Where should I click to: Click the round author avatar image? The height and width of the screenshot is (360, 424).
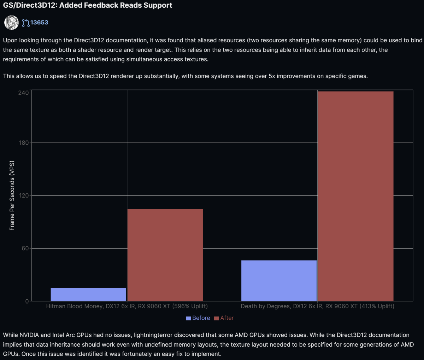click(x=12, y=23)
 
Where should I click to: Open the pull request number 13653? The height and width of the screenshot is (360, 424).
click(x=39, y=22)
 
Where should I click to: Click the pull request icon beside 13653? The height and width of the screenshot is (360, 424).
click(x=26, y=23)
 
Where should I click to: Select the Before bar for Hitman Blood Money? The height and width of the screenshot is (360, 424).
click(x=88, y=294)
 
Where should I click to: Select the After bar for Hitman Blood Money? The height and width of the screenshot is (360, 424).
click(x=165, y=255)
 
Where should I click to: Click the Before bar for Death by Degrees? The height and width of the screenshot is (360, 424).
click(x=279, y=281)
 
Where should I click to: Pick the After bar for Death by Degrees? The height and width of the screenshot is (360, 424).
click(x=356, y=196)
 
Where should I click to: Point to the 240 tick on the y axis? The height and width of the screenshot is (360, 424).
click(x=23, y=93)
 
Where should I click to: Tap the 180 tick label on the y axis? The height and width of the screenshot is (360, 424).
click(x=24, y=143)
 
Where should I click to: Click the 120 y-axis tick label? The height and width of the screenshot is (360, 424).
click(x=24, y=196)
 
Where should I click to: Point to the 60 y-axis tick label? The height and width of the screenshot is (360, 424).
click(x=25, y=248)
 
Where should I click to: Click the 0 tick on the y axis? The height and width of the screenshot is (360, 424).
click(x=27, y=301)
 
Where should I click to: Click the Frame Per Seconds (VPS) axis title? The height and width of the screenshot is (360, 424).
click(x=12, y=196)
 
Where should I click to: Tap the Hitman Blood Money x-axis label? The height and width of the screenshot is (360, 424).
click(x=127, y=306)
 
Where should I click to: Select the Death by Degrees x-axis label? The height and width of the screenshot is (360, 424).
click(x=318, y=306)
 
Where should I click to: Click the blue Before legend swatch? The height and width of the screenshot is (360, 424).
click(x=188, y=318)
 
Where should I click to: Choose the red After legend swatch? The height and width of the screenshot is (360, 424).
click(x=216, y=318)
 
